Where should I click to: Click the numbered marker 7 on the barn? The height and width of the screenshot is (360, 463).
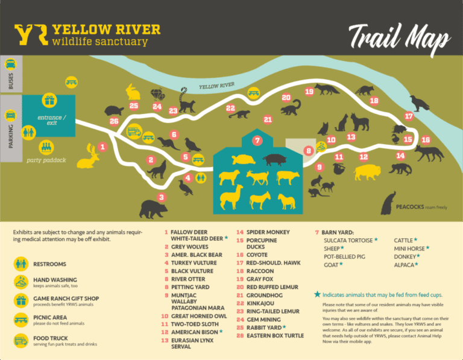coord(257,141)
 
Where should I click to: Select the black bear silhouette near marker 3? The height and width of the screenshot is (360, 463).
coord(153,209)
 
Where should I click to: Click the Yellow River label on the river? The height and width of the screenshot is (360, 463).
coord(216,86)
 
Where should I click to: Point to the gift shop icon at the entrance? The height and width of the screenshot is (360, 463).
coord(49,100)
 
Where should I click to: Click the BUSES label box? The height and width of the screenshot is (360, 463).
coord(11,73)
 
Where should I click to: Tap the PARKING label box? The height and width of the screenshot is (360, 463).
coord(11,129)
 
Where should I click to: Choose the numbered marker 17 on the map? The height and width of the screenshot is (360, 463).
coord(409,116)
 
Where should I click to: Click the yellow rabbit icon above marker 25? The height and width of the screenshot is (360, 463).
coord(133,92)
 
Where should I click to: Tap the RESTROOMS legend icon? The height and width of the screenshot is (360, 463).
coord(22,264)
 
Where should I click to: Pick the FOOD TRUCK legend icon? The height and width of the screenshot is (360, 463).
coord(22,341)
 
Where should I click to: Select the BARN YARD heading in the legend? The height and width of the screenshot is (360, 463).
coord(339,232)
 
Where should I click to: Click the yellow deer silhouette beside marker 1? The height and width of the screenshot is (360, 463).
coord(89,157)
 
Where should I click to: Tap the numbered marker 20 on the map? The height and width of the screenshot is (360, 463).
coord(286,98)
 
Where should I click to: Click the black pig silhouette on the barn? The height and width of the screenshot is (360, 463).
coord(274,159)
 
